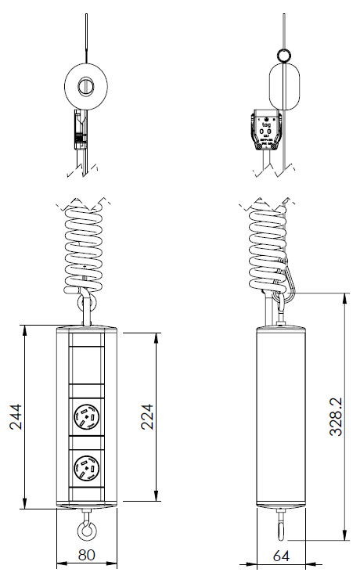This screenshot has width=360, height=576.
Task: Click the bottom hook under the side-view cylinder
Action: [279, 526]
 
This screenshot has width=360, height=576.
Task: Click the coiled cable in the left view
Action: [83, 243]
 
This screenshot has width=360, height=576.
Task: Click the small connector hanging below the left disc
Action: [78, 128]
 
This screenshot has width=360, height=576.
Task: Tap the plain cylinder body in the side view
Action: [280, 415]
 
